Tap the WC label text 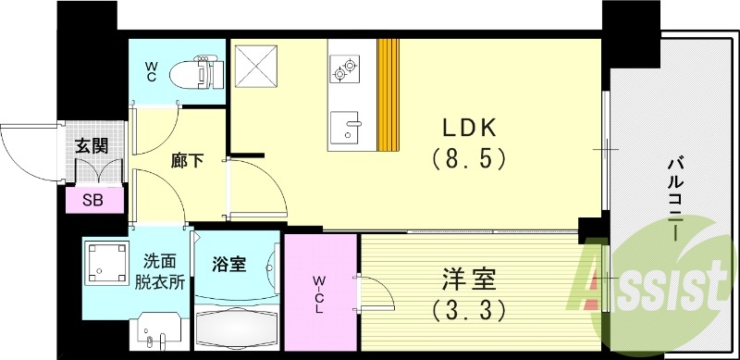[151, 71]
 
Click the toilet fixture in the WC [200, 71]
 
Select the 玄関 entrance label [91, 144]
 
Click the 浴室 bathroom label [230, 265]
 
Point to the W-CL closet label [318, 294]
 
